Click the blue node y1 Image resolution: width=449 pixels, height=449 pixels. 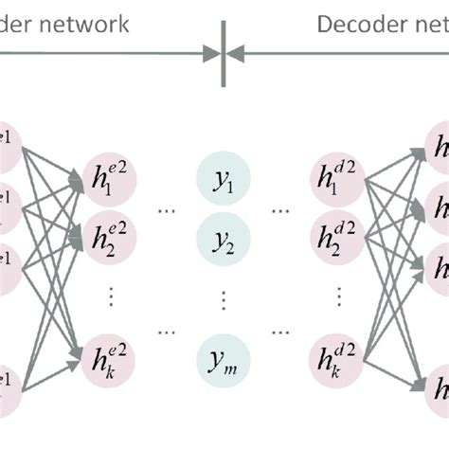click(x=224, y=181)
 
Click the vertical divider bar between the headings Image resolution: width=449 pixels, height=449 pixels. click(x=224, y=54)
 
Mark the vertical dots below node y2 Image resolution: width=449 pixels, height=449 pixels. click(x=224, y=299)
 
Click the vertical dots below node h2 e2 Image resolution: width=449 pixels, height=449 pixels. click(x=112, y=299)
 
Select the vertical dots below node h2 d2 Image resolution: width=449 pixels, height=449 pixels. click(x=336, y=299)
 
